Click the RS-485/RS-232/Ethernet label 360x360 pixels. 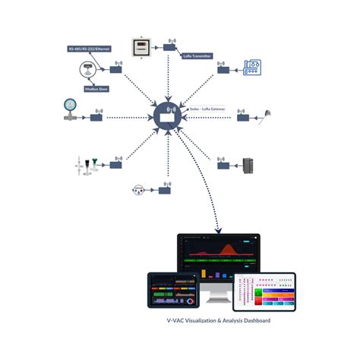pyautogui.click(x=89, y=49)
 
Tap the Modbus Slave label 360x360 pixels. pyautogui.click(x=99, y=89)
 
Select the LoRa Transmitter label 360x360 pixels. pyautogui.click(x=196, y=55)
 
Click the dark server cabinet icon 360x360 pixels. pyautogui.click(x=247, y=165)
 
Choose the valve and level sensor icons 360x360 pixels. pyautogui.click(x=85, y=165)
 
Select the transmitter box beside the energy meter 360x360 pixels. pyautogui.click(x=169, y=47)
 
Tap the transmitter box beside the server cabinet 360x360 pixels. pyautogui.click(x=223, y=163)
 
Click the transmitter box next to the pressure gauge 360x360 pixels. pyautogui.click(x=96, y=117)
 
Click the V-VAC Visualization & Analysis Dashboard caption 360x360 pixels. pyautogui.click(x=218, y=321)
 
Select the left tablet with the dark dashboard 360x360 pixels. pyautogui.click(x=172, y=289)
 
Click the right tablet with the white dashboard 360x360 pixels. pyautogui.click(x=264, y=292)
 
